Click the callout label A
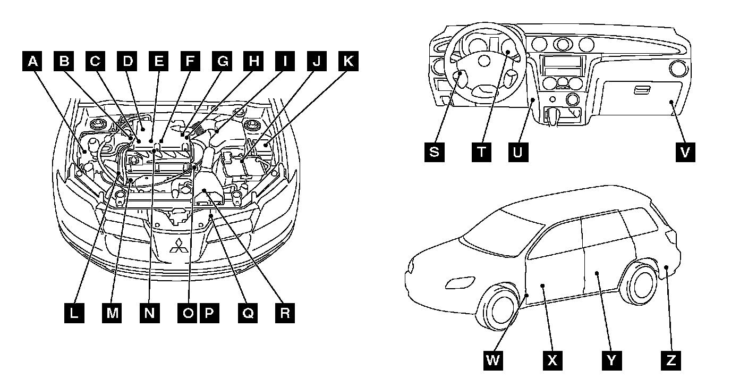coord(33,62)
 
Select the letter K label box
coord(347,62)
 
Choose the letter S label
coord(435,152)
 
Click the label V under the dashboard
coord(685,152)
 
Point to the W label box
coord(493,360)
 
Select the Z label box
coord(670,360)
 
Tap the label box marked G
coord(222,62)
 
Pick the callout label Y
coord(611,360)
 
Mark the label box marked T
coord(481,152)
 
